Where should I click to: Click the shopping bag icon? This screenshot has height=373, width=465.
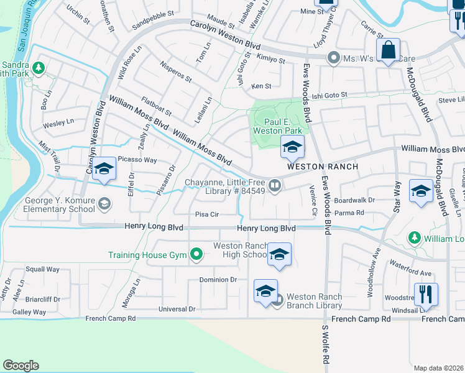(x=388, y=50)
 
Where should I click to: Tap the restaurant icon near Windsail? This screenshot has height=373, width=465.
(x=426, y=295)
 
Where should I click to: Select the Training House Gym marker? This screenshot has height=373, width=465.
(x=197, y=254)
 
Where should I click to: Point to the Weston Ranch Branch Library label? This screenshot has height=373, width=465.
(x=315, y=301)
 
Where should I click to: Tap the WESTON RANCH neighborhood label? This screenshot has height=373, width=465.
(x=322, y=167)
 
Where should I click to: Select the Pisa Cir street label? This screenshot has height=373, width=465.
(x=208, y=214)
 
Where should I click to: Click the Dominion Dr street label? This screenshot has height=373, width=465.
(x=218, y=280)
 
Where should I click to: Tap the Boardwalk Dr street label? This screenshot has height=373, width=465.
(x=354, y=200)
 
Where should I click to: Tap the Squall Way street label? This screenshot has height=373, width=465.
(x=42, y=269)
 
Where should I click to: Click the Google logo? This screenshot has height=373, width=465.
(x=21, y=366)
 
